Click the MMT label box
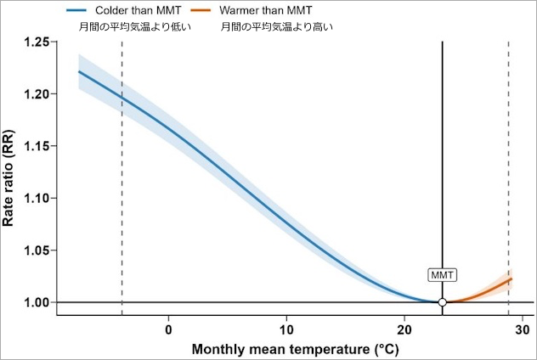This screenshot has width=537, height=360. tap(442, 275)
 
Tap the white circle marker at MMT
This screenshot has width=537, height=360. tap(442, 302)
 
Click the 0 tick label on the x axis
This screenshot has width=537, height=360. tap(169, 329)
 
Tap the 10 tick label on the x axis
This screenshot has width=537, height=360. tap(287, 329)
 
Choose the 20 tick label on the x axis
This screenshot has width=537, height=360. tap(405, 329)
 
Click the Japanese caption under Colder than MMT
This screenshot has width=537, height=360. tap(131, 27)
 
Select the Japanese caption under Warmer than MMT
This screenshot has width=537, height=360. tap(277, 27)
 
